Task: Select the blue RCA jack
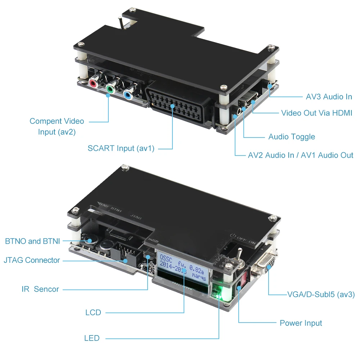[127, 94]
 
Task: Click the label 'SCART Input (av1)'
[121, 148]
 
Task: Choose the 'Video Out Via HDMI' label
[316, 113]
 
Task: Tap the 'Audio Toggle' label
[292, 137]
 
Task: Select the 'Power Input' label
[301, 323]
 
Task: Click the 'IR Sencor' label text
[40, 289]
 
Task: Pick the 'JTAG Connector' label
[32, 260]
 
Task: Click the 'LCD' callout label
[93, 312]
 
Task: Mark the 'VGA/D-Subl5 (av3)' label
[321, 294]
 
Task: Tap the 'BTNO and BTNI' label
[32, 241]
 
